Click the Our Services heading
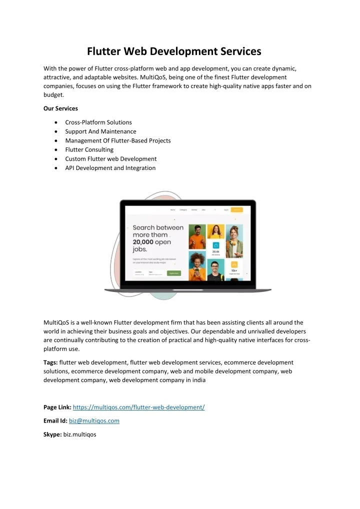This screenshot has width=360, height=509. click(61, 108)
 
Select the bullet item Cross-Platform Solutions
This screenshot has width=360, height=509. click(98, 122)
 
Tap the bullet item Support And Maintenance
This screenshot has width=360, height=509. click(100, 131)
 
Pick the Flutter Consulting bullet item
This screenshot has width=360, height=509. click(89, 149)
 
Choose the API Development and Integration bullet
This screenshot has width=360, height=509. click(110, 168)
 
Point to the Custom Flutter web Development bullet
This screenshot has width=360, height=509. click(111, 159)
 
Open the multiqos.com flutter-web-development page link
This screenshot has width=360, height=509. click(139, 407)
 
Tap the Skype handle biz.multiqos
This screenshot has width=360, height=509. click(80, 434)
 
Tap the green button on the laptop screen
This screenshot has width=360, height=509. click(173, 273)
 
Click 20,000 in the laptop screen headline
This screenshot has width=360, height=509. click(146, 242)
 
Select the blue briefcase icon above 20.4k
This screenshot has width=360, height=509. click(216, 245)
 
